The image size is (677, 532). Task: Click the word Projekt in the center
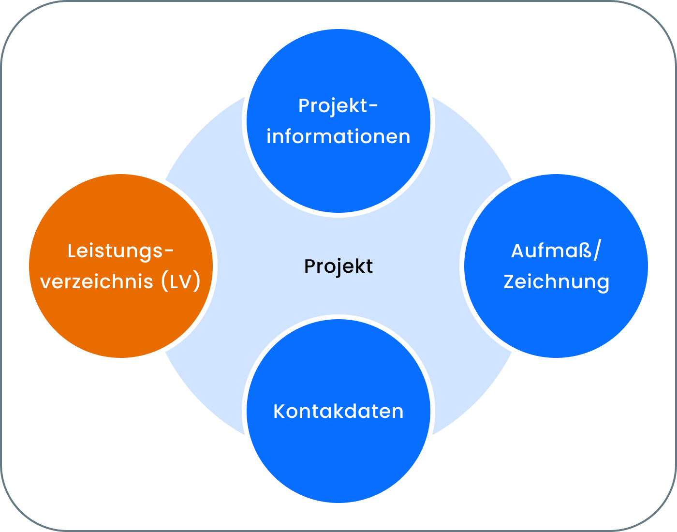pos(338,266)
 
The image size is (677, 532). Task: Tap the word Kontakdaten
pos(338,411)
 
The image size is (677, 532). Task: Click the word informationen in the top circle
pos(338,136)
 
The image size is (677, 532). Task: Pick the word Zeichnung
pos(556,282)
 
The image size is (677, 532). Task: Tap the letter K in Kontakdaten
pos(279,411)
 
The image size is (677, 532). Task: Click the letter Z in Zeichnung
pos(509,281)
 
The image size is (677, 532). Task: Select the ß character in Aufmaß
pos(585,251)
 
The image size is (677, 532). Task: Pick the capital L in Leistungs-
pos(72,251)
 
